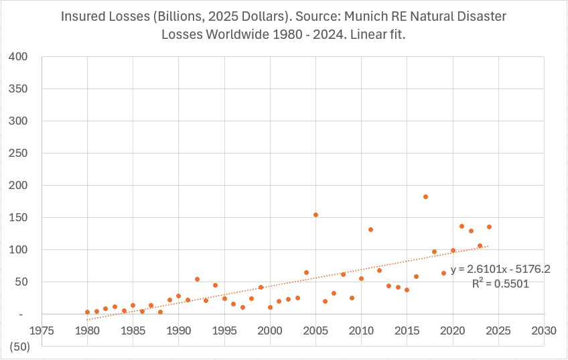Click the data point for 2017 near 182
(425, 197)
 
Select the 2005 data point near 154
(315, 215)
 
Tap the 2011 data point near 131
(370, 230)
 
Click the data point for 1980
(87, 312)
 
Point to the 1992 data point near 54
(197, 280)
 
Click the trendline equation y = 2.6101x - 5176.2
(500, 269)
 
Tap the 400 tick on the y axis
(18, 56)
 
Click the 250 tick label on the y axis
(18, 153)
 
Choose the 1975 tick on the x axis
(42, 331)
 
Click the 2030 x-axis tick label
(543, 331)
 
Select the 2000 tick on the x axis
(270, 331)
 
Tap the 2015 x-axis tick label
(407, 331)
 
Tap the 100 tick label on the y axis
(18, 249)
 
